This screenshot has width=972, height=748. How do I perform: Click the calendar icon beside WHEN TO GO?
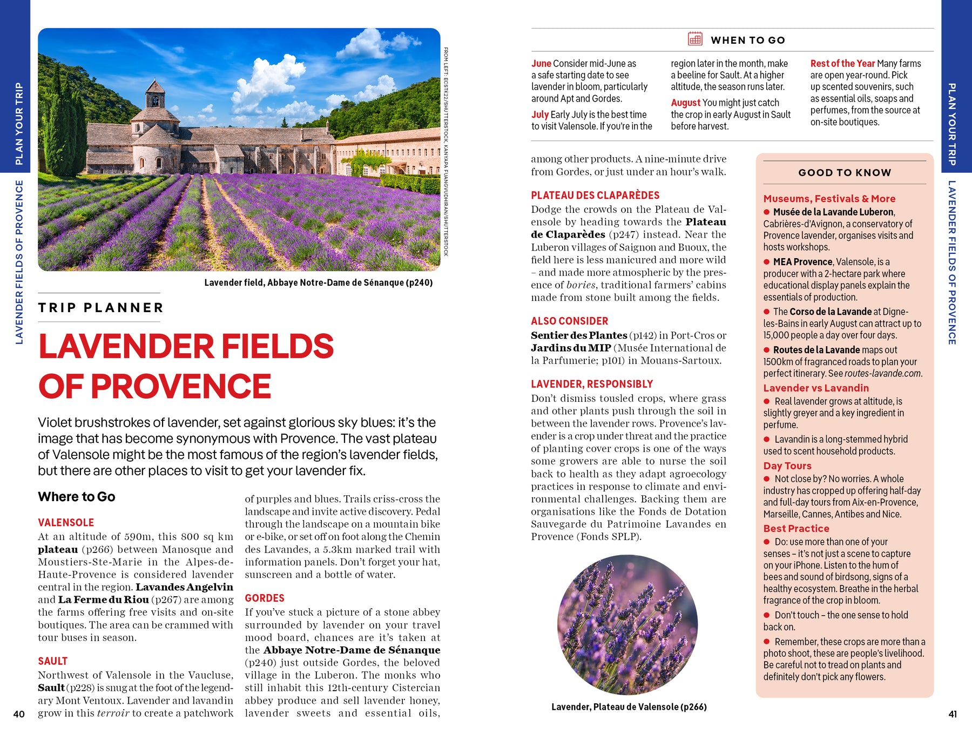[695, 39]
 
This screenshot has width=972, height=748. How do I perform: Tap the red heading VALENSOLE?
[66, 522]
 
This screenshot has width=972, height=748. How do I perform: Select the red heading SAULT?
[52, 661]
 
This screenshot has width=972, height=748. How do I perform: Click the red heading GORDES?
[265, 598]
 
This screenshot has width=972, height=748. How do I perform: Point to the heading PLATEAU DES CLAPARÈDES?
[595, 195]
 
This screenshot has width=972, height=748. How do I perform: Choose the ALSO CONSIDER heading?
[569, 321]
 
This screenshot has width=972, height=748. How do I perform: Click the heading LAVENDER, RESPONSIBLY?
[592, 384]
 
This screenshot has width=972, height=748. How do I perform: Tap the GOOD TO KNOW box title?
[845, 173]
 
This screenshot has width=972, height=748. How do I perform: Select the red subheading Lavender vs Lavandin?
[816, 388]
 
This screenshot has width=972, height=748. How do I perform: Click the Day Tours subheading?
[787, 466]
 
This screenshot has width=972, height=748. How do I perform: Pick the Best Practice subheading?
[796, 528]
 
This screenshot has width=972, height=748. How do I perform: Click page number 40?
[19, 714]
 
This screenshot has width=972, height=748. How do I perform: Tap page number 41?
[953, 714]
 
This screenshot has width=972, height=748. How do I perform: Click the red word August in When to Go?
[685, 103]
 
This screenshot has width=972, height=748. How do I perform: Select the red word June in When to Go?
[541, 63]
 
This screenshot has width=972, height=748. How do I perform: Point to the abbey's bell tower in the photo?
[155, 97]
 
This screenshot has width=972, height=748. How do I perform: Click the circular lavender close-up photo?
[627, 625]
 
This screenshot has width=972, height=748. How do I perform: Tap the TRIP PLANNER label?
[101, 308]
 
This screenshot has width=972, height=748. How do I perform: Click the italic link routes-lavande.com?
[883, 374]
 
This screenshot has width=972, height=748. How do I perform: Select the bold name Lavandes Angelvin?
[184, 587]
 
